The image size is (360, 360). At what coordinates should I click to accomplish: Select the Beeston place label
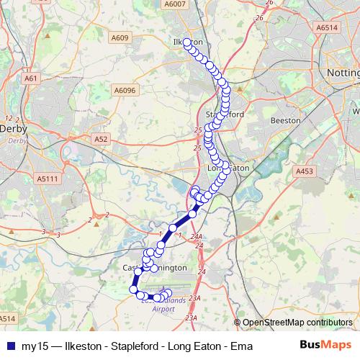coord(284,121)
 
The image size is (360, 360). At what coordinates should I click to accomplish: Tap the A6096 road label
coord(125,90)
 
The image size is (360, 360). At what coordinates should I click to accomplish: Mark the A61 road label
coord(30,77)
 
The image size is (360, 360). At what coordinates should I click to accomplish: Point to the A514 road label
coord(7,318)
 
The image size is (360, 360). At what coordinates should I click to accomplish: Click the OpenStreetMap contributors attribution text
coord(297,323)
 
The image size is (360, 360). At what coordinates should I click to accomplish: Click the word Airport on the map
coord(163,308)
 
